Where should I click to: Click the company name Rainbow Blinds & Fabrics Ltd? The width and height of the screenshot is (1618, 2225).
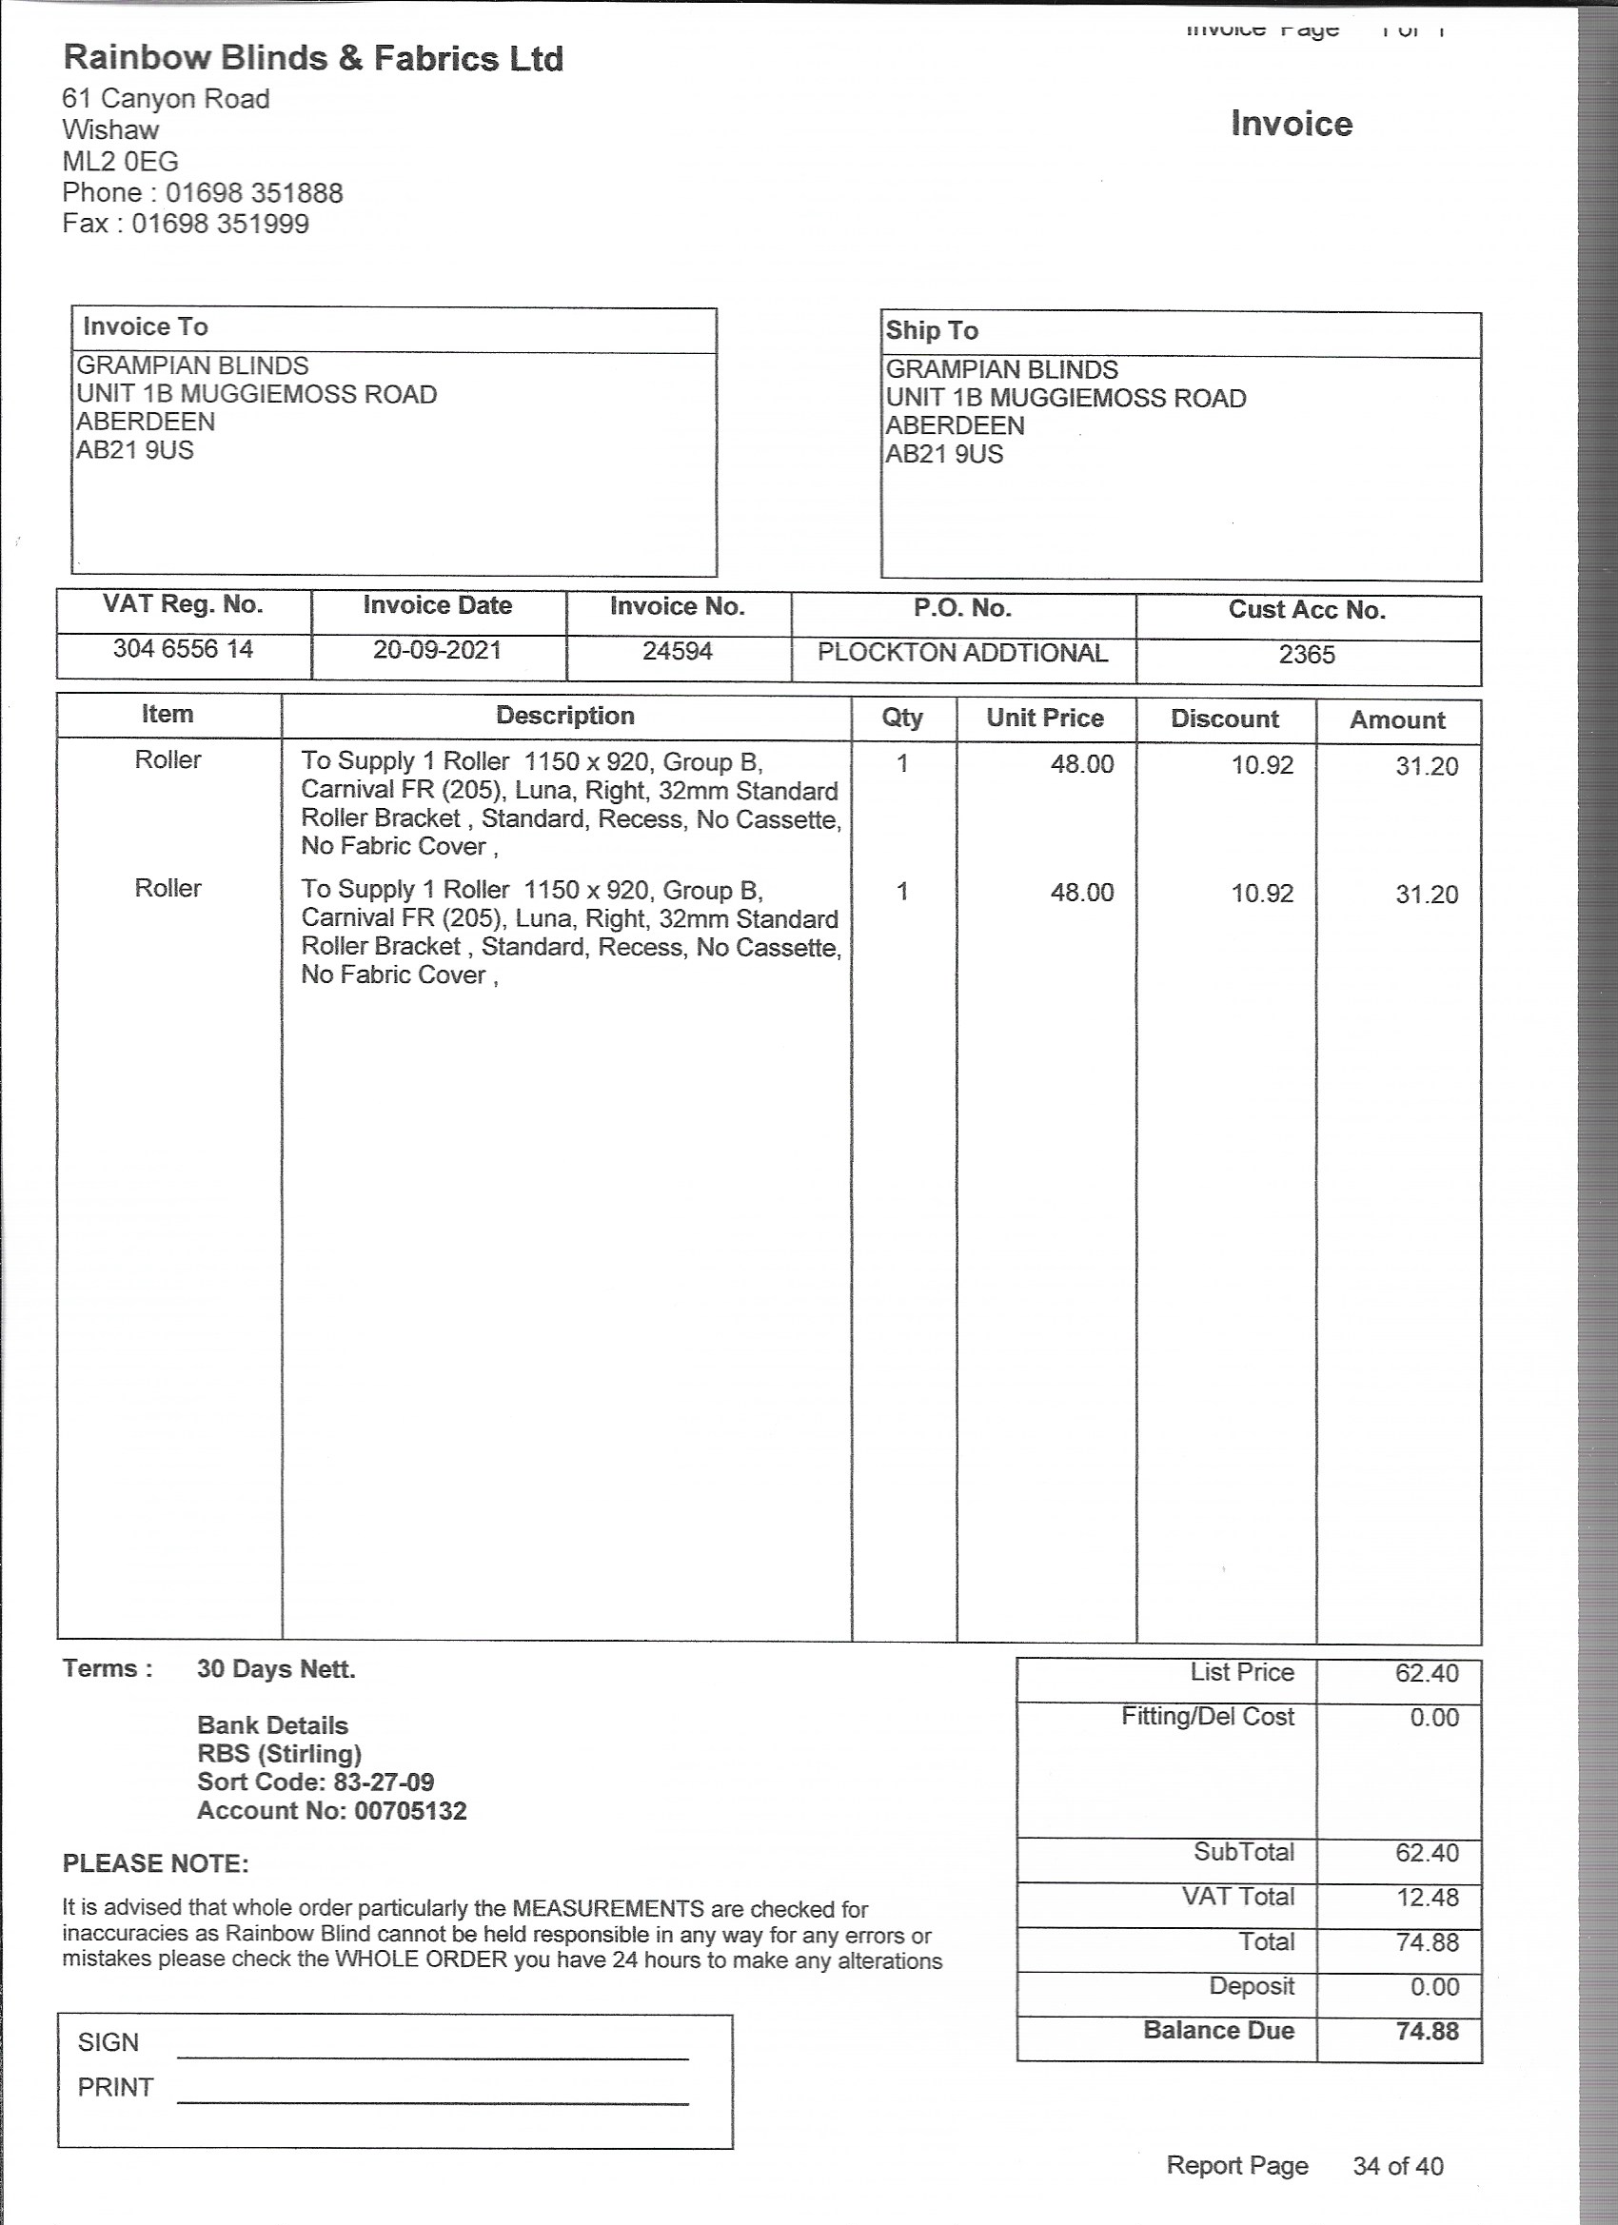pos(313,59)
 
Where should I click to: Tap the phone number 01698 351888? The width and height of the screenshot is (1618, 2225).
pos(254,192)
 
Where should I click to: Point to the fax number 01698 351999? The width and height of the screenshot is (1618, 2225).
pos(221,224)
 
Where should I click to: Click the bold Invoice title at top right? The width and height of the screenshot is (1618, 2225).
pos(1292,125)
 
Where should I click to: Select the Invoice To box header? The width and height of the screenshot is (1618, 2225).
pos(146,326)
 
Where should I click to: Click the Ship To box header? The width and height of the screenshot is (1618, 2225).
pos(932,330)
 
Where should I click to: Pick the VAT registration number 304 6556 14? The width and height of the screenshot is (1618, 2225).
pos(184,648)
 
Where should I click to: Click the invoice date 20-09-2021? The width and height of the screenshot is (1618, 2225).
pos(438,649)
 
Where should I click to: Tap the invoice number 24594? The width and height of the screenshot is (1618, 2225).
pos(677,651)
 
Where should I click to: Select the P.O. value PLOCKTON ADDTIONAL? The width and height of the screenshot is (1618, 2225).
pos(962,654)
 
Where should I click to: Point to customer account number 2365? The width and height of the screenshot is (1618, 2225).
pos(1307,656)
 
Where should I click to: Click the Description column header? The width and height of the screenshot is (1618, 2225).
pos(565,716)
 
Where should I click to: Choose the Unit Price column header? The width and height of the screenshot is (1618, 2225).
pos(1045,719)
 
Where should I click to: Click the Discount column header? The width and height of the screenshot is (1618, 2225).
pos(1225,719)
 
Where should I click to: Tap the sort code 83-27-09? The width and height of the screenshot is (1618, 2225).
pos(384,1782)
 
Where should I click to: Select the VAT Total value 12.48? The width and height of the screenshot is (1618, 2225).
pos(1428,1898)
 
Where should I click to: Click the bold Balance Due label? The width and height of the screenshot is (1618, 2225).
pos(1218,2030)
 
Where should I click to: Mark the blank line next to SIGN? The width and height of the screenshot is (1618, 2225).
pos(433,2057)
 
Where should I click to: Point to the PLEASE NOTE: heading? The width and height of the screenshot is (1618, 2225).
pos(156,1864)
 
